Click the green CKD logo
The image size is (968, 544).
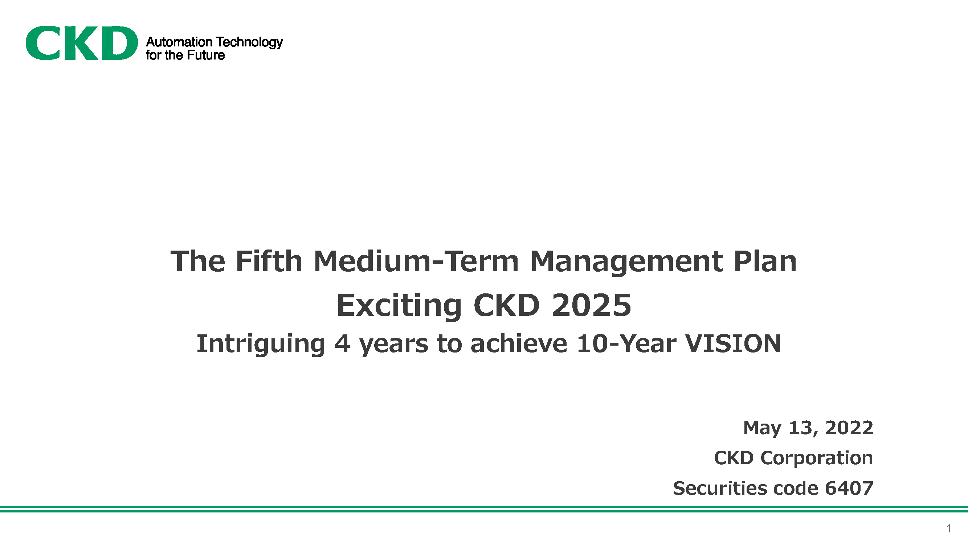(x=82, y=43)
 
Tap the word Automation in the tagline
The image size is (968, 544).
(x=179, y=42)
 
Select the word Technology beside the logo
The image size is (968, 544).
(x=249, y=42)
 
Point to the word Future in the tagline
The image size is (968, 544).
(x=205, y=55)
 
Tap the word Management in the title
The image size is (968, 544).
(x=626, y=263)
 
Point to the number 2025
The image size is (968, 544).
(x=592, y=305)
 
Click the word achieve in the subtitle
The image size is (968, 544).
(x=519, y=343)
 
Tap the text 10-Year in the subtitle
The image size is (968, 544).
(x=626, y=343)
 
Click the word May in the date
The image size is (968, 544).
(x=763, y=428)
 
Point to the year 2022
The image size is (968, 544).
(x=849, y=428)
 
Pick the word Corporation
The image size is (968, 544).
(x=817, y=458)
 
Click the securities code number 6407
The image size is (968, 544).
(x=849, y=489)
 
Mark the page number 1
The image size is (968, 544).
(x=949, y=528)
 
